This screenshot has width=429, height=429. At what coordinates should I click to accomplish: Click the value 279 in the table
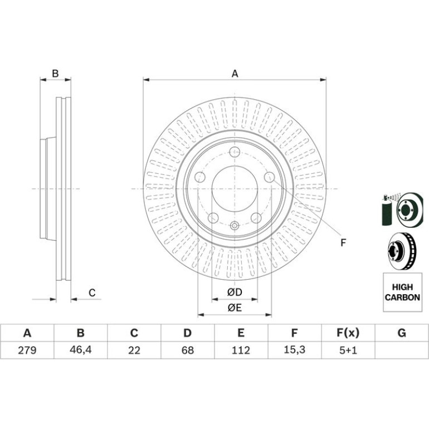27,350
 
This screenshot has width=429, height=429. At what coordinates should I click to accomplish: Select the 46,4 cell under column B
80,350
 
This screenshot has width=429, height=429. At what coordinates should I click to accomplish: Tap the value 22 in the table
134,350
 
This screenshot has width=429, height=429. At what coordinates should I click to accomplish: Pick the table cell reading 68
188,350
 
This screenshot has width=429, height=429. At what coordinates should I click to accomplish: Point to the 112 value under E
241,350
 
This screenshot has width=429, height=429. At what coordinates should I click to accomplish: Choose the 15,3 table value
294,350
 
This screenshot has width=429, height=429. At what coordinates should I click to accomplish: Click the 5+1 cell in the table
348,350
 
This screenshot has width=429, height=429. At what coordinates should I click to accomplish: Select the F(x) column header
348,333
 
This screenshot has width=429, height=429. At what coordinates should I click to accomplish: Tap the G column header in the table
402,333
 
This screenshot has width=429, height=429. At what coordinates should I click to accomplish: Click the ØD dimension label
235,292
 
